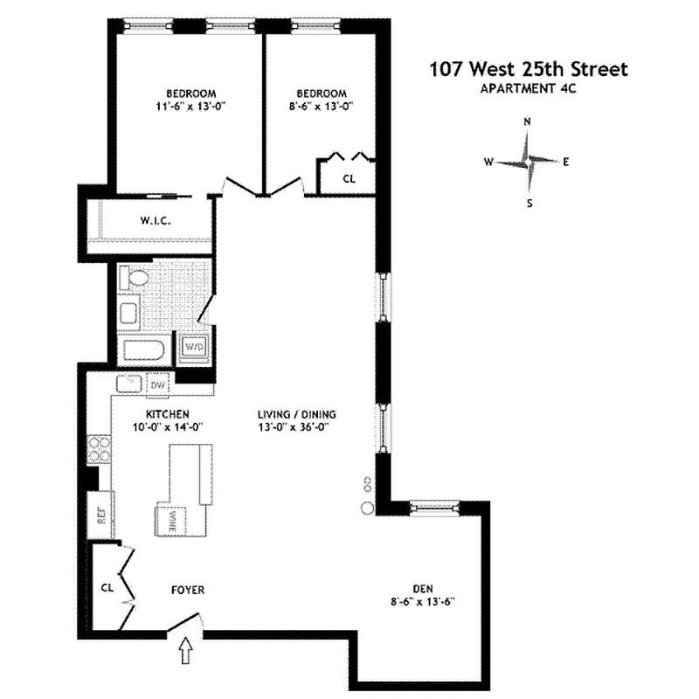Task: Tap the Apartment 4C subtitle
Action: pyautogui.click(x=528, y=88)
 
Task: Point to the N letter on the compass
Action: pyautogui.click(x=527, y=121)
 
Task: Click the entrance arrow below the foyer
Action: pyautogui.click(x=185, y=651)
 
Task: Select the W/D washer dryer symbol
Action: pyautogui.click(x=193, y=347)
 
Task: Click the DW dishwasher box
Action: pyautogui.click(x=158, y=384)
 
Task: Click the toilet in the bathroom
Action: pyautogui.click(x=135, y=280)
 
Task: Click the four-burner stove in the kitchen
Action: pyautogui.click(x=100, y=449)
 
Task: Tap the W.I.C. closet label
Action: pyautogui.click(x=153, y=221)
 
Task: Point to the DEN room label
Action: pyautogui.click(x=424, y=588)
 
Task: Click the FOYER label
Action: pyautogui.click(x=188, y=591)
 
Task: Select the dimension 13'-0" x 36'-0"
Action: pyautogui.click(x=296, y=427)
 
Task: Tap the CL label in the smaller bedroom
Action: pyautogui.click(x=349, y=178)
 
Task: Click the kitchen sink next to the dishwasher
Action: pyautogui.click(x=130, y=384)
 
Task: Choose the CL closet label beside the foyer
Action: pyautogui.click(x=107, y=587)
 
